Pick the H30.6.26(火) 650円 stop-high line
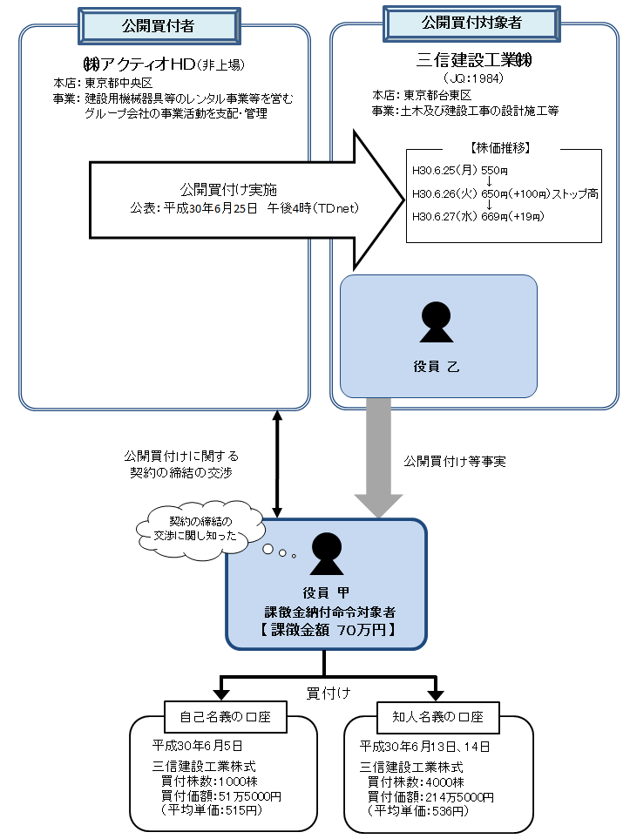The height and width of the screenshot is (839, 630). pos(505,193)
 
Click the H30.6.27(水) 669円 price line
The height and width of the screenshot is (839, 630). pos(477,216)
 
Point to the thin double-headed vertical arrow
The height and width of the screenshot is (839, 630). pos(277,463)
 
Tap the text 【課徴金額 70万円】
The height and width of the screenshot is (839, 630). pos(326,630)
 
